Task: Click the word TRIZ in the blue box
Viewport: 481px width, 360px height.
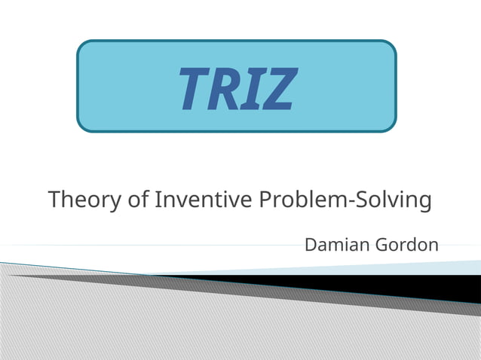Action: [x=236, y=87]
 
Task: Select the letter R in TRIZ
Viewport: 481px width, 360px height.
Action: [x=225, y=88]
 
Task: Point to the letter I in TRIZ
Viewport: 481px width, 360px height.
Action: [x=253, y=88]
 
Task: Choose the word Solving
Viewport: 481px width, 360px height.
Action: [x=393, y=201]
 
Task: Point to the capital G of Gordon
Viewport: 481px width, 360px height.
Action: [x=379, y=245]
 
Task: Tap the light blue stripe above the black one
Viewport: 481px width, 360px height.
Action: [x=422, y=267]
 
